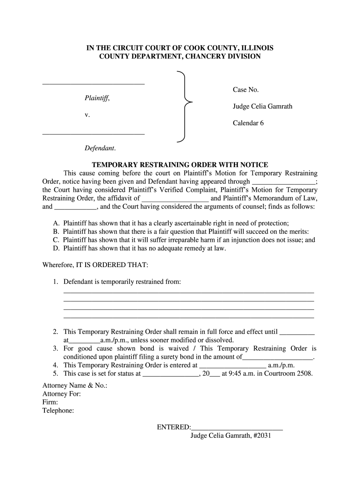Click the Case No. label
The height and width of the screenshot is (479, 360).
pyautogui.click(x=246, y=89)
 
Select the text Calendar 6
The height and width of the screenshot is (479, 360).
pyautogui.click(x=248, y=123)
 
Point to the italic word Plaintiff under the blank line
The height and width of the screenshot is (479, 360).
pyautogui.click(x=97, y=98)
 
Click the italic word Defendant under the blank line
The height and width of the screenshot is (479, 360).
pyautogui.click(x=100, y=148)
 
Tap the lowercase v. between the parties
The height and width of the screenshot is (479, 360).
pyautogui.click(x=87, y=115)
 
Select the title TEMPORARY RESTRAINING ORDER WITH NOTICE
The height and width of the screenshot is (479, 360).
pyautogui.click(x=180, y=165)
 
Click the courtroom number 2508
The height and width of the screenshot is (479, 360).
pyautogui.click(x=304, y=374)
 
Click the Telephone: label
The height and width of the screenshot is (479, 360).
pyautogui.click(x=58, y=411)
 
